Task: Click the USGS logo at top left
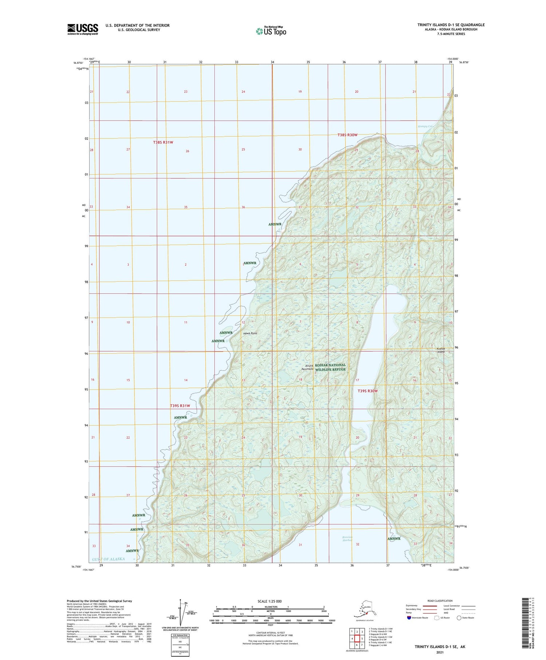(x=83, y=29)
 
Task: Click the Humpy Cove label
(x=426, y=126)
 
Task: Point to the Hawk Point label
(x=250, y=333)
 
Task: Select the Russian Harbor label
(x=348, y=539)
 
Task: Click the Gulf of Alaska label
(x=108, y=559)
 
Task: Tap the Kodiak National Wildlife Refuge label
(x=330, y=367)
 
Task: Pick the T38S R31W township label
(x=163, y=142)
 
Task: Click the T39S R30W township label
(x=368, y=391)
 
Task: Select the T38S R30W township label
(x=347, y=135)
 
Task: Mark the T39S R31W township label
(x=180, y=406)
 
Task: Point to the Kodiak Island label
(x=441, y=350)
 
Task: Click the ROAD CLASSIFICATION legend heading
(x=440, y=601)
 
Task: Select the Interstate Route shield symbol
(x=409, y=618)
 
